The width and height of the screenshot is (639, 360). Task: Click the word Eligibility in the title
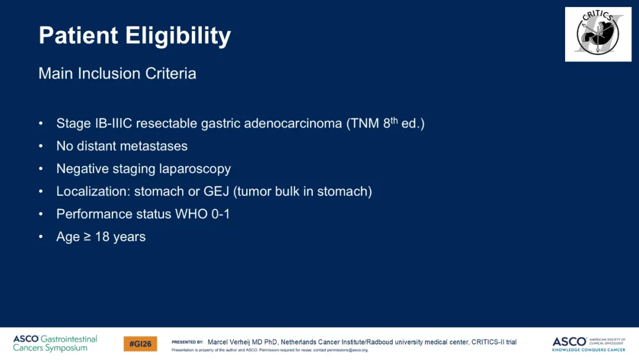178,36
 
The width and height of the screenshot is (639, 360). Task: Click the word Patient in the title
78,35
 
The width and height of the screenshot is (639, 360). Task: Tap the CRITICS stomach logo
598,34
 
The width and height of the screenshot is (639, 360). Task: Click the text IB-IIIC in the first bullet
113,123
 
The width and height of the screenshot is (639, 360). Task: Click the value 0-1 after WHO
220,214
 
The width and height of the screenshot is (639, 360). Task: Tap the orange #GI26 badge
140,343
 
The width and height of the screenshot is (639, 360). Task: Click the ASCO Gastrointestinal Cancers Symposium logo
55,343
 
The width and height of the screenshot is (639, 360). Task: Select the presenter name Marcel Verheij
228,342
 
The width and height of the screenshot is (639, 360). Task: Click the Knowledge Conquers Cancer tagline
589,349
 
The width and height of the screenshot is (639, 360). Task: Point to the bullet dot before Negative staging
41,168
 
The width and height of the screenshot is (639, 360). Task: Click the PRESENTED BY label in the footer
188,342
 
